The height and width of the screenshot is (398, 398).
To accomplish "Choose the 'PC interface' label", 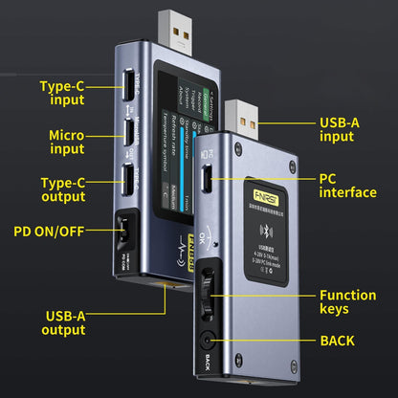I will (345, 185).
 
